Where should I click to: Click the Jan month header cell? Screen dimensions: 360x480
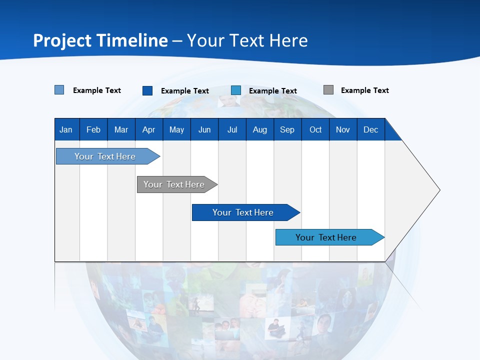pyautogui.click(x=66, y=129)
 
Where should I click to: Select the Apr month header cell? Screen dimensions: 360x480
pyautogui.click(x=149, y=129)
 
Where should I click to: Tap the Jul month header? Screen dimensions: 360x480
pyautogui.click(x=232, y=129)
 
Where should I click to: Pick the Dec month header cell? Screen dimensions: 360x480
pyautogui.click(x=370, y=129)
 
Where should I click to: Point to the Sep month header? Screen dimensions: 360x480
pyautogui.click(x=287, y=129)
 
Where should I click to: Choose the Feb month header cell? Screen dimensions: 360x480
pyautogui.click(x=93, y=129)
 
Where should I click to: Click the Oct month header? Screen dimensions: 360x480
pyautogui.click(x=315, y=129)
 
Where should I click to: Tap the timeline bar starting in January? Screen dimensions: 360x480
pyautogui.click(x=105, y=156)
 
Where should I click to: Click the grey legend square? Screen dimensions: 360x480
pyautogui.click(x=328, y=90)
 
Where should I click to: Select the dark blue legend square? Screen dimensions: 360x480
pyautogui.click(x=147, y=90)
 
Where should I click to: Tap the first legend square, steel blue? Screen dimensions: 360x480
pyautogui.click(x=59, y=90)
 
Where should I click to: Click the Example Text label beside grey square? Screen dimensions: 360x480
pyautogui.click(x=364, y=90)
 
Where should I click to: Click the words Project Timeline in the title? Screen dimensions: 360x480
pyautogui.click(x=100, y=40)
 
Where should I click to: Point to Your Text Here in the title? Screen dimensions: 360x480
pyautogui.click(x=247, y=40)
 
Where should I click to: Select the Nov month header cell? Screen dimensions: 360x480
pyautogui.click(x=343, y=129)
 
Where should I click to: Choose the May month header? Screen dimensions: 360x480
pyautogui.click(x=176, y=129)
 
